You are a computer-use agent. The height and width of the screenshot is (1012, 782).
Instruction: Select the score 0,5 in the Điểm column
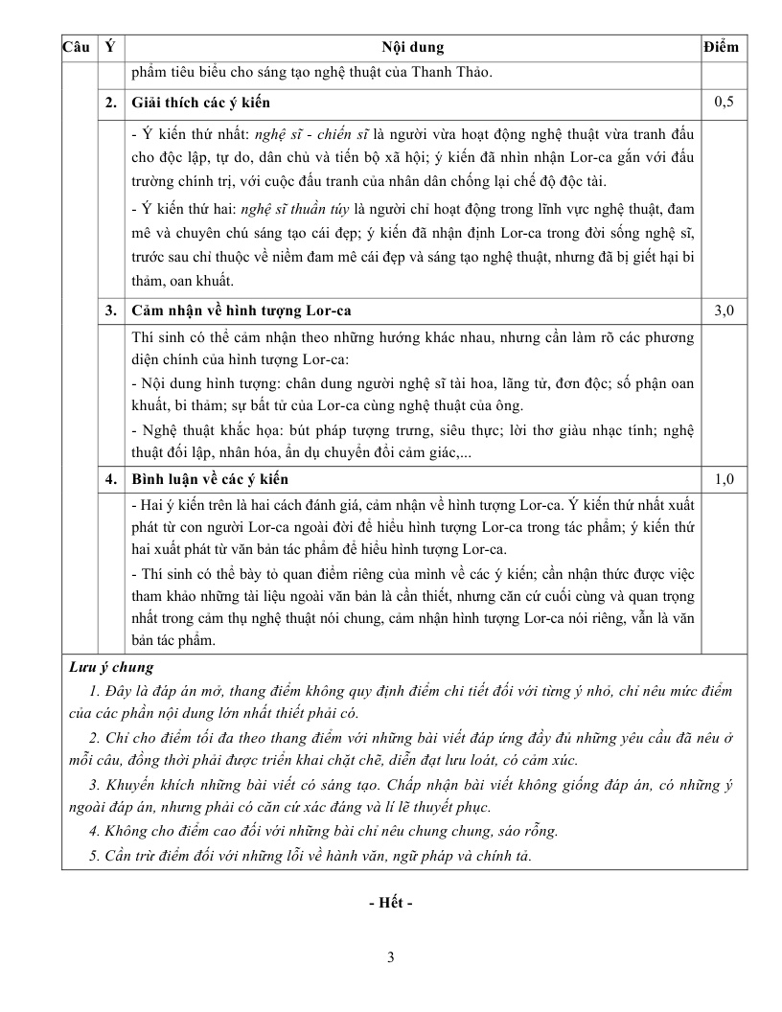tap(724, 102)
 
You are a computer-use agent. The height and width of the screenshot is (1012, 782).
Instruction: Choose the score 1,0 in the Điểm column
tap(724, 479)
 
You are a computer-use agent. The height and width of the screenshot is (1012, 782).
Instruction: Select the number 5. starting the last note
tap(95, 856)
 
